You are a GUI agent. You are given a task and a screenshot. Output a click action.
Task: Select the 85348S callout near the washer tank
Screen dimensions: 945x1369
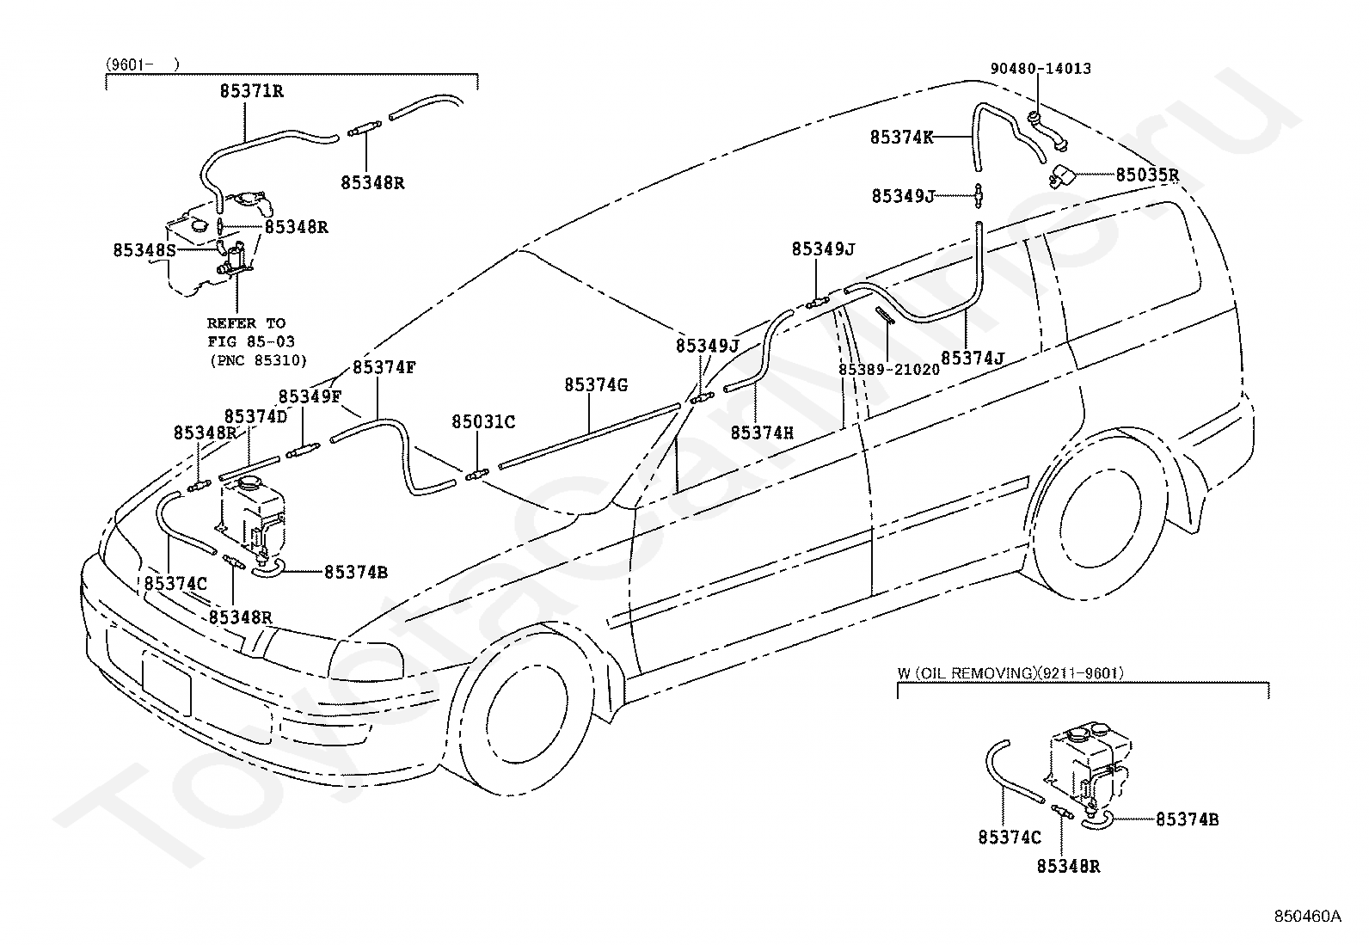coord(144,250)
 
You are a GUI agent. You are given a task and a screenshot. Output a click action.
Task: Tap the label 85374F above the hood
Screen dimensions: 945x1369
coord(384,367)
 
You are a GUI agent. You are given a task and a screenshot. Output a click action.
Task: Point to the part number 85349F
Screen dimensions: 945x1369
coord(310,397)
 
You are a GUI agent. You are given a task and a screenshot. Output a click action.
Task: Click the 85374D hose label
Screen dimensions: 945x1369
coord(255,417)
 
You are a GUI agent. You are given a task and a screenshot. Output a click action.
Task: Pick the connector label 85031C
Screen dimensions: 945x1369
coord(483,422)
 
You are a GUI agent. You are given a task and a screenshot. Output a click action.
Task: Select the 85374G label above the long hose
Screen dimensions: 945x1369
coord(596,385)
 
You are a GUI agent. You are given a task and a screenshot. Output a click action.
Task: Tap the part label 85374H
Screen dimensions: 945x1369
coord(762,433)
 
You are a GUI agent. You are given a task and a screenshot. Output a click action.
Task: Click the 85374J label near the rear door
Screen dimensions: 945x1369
coord(972,358)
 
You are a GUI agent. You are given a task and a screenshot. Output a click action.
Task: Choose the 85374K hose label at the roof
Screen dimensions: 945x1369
coord(901,138)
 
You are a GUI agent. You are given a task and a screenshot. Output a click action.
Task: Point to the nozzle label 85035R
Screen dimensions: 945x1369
coord(1147,175)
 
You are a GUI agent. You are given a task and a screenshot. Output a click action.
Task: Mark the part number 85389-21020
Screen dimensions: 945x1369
coord(888,369)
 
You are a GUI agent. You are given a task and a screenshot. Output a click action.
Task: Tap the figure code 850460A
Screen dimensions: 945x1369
coord(1307,917)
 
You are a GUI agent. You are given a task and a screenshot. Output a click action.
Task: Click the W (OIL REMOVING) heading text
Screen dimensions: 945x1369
coord(1010,674)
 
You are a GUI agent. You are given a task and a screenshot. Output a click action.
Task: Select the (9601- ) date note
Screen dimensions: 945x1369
coord(143,64)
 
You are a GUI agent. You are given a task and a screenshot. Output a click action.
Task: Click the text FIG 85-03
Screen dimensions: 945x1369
coord(249,342)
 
